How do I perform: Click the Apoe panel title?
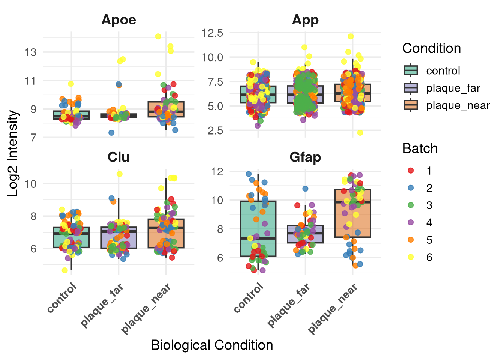pos(118,20)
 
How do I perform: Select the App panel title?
pos(305,20)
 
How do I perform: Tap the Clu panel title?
pos(118,157)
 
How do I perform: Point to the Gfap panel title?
pos(305,157)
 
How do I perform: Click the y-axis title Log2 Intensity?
pos(13,153)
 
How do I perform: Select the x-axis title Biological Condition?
pos(212,345)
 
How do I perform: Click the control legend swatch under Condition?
pos(411,70)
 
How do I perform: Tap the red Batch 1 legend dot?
pos(411,171)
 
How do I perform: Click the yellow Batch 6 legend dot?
pos(411,257)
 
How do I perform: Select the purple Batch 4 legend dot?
pos(411,222)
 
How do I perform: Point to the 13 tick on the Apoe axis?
pos(31,52)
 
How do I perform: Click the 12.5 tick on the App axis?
pos(213,33)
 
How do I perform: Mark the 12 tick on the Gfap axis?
pos(217,172)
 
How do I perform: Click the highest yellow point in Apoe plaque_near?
pos(158,36)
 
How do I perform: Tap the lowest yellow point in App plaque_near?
pos(360,133)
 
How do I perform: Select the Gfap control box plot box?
pos(258,229)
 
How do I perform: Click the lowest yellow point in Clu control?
pos(65,270)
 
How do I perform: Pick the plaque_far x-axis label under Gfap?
pos(289,305)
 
